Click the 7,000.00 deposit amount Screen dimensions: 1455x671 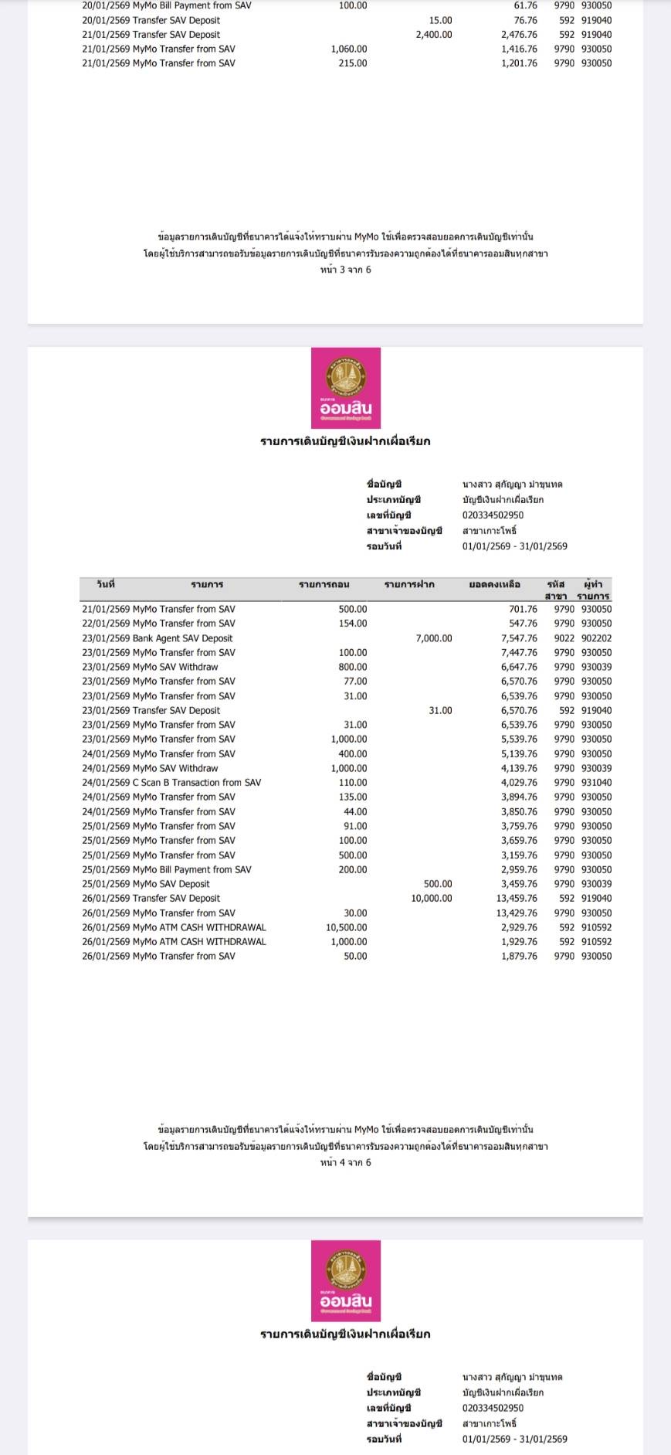[x=433, y=638]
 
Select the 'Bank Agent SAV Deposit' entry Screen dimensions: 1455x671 [x=182, y=638]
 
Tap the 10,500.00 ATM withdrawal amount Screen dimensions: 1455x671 [x=347, y=927]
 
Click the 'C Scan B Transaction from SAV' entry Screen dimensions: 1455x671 [x=196, y=783]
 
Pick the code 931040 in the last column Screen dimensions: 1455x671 [x=596, y=783]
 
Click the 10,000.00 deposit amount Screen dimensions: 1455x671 [x=431, y=899]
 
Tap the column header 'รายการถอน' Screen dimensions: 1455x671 [x=324, y=585]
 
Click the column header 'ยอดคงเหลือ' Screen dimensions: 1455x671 [x=494, y=585]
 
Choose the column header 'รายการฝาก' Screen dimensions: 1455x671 [x=409, y=585]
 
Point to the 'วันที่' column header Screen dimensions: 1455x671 [x=106, y=584]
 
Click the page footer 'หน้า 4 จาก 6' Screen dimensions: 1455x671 [x=345, y=1162]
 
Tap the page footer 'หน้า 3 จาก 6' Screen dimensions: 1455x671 [x=345, y=270]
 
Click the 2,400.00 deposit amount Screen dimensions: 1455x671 [x=433, y=35]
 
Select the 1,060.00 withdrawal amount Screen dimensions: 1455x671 [x=349, y=49]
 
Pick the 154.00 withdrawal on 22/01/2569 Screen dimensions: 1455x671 [x=353, y=624]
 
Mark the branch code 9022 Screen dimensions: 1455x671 [x=564, y=638]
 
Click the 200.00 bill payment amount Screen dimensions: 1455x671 [x=353, y=869]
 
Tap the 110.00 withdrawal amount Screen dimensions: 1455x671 [x=353, y=783]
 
